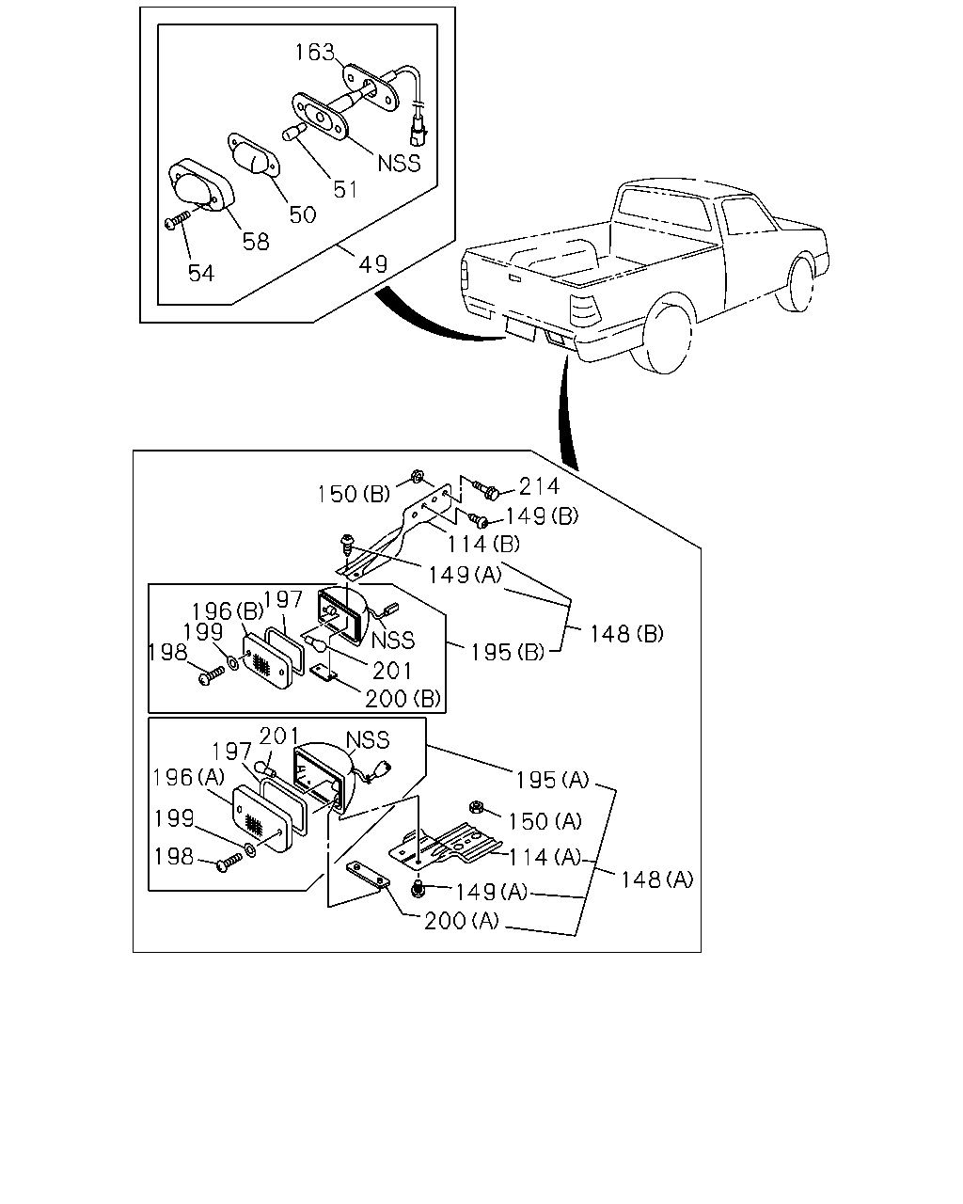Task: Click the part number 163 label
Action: pos(314,52)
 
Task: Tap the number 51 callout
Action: pos(345,190)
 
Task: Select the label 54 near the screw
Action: pos(201,273)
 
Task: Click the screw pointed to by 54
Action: pos(178,219)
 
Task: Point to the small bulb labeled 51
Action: pos(294,132)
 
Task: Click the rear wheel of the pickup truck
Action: pos(667,339)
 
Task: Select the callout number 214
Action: pos(539,486)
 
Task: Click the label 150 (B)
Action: pos(354,494)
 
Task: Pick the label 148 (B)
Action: pos(626,634)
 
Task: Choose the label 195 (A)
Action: pos(552,780)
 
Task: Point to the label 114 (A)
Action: pos(545,857)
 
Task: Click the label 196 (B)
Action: pos(228,611)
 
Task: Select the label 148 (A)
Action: pos(657,879)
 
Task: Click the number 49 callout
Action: pos(372,263)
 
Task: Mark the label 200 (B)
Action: pos(403,698)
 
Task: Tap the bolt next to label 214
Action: pos(485,489)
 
